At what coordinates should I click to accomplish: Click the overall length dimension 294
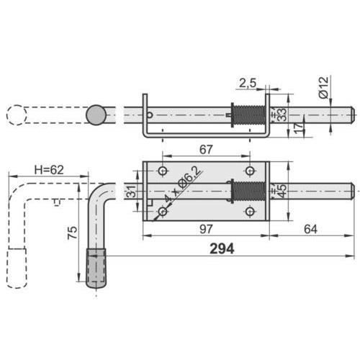222,248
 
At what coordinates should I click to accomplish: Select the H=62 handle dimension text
49,170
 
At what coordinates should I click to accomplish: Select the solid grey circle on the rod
96,115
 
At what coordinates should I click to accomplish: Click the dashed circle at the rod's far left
17,116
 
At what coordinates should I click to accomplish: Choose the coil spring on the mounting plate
246,192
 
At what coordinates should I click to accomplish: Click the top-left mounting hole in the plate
163,171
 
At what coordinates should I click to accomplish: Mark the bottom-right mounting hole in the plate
250,212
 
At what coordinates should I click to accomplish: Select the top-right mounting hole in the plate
250,171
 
